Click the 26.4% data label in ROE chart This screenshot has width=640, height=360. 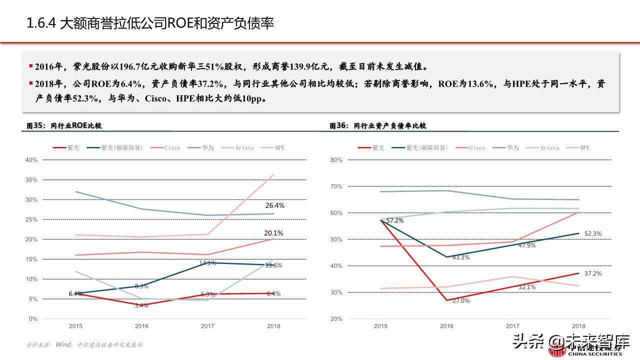274,205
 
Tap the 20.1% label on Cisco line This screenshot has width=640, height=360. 274,233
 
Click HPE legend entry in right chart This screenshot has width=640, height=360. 584,148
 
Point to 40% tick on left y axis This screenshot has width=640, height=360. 31,160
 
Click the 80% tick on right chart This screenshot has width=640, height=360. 336,160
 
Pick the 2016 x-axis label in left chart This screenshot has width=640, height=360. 141,326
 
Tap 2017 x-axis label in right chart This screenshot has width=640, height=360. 512,326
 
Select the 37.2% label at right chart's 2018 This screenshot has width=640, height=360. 593,273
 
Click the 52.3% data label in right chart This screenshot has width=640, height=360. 593,233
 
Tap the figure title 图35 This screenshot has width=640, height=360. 36,126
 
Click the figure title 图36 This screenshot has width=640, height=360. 338,126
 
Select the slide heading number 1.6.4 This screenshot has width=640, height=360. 40,23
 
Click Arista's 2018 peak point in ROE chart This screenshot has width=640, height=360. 273,174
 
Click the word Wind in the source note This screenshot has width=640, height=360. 63,344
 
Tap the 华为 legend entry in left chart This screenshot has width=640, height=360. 208,148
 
